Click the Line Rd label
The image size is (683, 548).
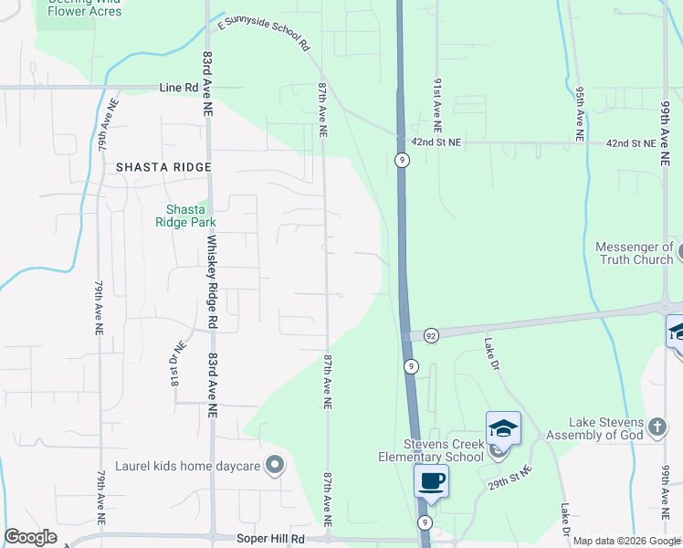(179, 88)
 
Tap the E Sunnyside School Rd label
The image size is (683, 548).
(262, 35)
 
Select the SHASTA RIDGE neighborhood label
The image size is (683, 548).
(163, 167)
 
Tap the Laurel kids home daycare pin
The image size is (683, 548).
(275, 466)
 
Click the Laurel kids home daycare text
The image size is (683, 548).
(188, 466)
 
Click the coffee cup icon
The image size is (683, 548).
(432, 479)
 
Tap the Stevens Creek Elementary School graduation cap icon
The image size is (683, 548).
(503, 427)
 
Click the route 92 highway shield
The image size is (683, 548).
(431, 336)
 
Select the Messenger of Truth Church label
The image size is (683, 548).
(634, 253)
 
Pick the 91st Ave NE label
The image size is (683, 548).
(437, 100)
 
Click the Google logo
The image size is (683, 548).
(30, 537)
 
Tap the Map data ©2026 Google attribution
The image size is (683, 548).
(626, 542)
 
